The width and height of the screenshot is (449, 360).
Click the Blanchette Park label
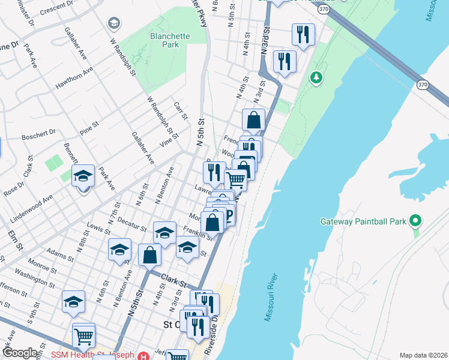click(169, 40)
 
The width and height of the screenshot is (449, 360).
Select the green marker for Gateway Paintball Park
click(414, 221)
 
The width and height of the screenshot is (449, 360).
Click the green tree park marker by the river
click(316, 77)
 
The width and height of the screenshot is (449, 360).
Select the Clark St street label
click(174, 280)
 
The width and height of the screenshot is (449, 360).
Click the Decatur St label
click(132, 223)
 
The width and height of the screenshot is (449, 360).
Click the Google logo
click(19, 353)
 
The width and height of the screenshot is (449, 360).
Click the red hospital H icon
click(143, 355)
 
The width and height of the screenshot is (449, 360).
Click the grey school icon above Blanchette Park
click(113, 23)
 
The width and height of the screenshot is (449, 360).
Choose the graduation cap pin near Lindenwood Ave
click(83, 176)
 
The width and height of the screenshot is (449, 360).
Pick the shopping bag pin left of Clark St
click(149, 255)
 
